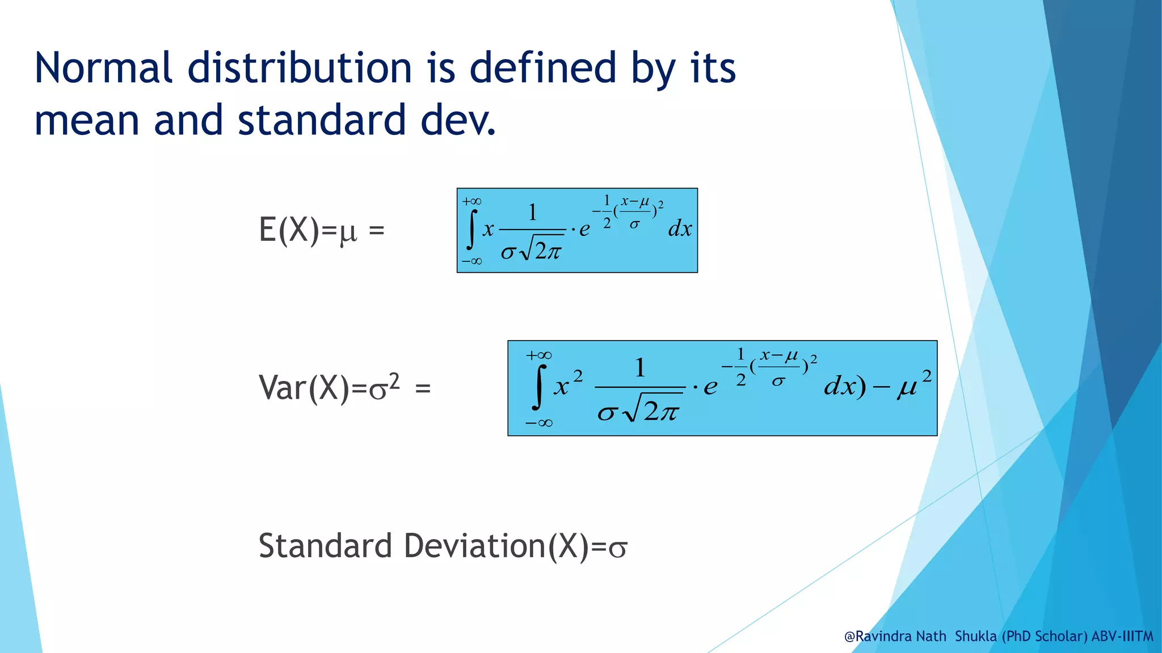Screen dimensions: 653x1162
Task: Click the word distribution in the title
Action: [x=300, y=68]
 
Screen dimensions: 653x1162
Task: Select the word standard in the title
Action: [x=322, y=120]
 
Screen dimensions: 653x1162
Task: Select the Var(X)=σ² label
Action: [x=330, y=388]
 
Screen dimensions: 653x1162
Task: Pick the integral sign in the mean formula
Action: [x=471, y=230]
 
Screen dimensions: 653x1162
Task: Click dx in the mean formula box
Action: [x=680, y=229]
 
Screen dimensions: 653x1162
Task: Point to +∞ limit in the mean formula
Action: [x=471, y=202]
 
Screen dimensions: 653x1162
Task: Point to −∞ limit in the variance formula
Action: [x=538, y=423]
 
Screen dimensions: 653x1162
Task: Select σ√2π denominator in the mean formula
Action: [x=531, y=251]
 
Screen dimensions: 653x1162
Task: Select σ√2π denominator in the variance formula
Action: [x=639, y=410]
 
